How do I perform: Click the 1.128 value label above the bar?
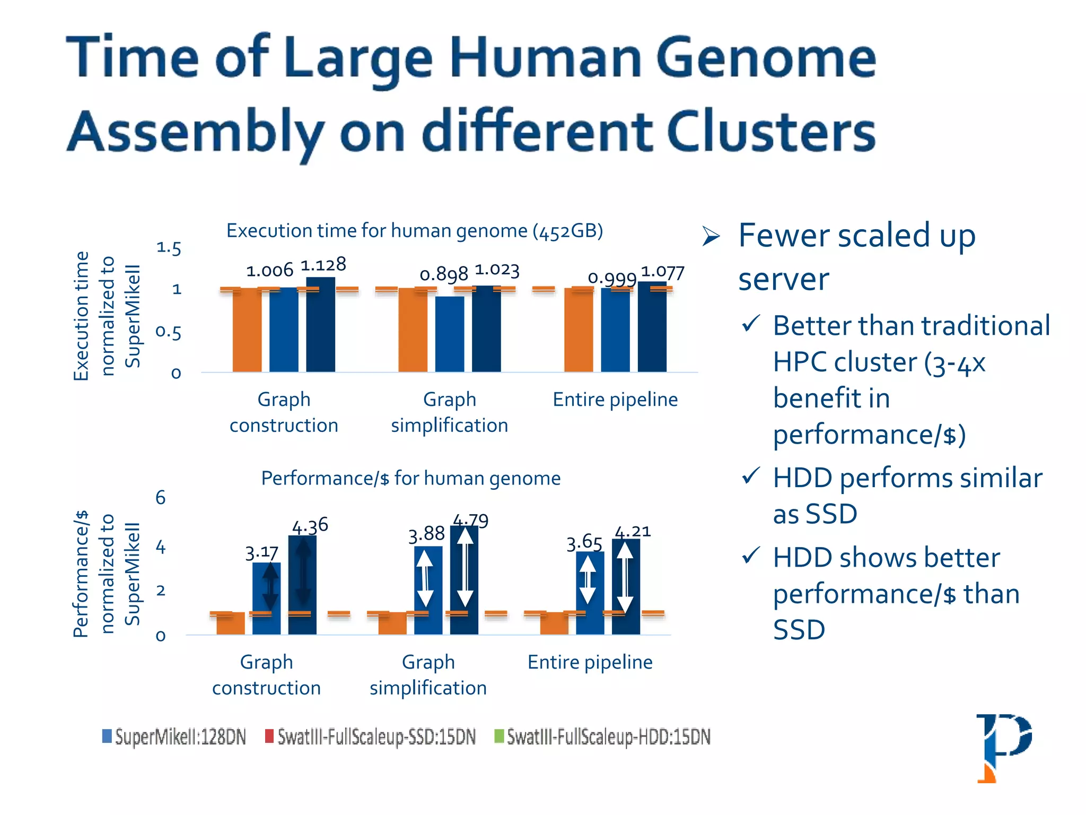coord(323,265)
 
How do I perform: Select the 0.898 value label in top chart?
coord(443,274)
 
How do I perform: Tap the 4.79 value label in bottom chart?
coord(471,521)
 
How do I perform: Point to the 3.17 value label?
coord(261,553)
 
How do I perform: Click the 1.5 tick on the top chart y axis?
coord(169,248)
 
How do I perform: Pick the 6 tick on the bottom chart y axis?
coord(160,498)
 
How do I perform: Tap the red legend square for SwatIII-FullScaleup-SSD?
coord(269,736)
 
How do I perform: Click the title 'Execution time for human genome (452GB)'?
coord(415,231)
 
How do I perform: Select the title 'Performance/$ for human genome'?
coord(410,479)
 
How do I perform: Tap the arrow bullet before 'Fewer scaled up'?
coord(711,236)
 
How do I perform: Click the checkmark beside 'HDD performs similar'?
coord(751,475)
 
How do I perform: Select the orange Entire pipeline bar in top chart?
coord(579,330)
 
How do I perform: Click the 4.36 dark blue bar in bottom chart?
coord(302,584)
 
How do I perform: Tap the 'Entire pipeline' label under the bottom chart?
coord(590,662)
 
